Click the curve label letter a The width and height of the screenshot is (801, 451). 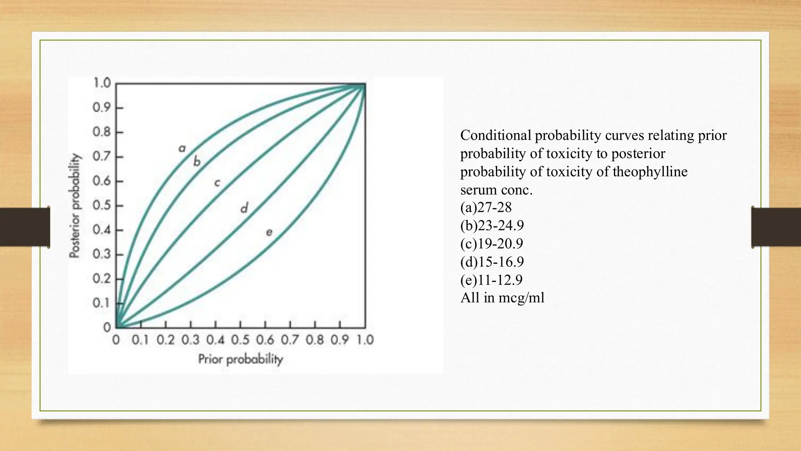click(x=182, y=149)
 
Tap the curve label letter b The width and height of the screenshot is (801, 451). click(x=197, y=161)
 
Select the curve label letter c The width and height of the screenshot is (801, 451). click(x=217, y=183)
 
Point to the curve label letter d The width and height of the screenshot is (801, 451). click(x=244, y=208)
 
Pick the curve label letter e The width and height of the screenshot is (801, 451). click(x=269, y=233)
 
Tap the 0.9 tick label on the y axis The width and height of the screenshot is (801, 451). click(x=102, y=107)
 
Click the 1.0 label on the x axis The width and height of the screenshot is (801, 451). click(x=365, y=340)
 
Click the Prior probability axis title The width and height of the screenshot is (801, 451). click(x=240, y=359)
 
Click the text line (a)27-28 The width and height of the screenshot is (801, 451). click(x=486, y=207)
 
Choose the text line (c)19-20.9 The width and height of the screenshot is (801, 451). click(x=492, y=244)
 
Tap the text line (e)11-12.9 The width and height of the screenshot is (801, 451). click(x=491, y=280)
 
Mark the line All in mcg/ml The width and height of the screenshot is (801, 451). click(x=502, y=298)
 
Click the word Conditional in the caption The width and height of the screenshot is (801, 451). click(x=496, y=135)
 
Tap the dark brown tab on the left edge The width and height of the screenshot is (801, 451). click(x=25, y=227)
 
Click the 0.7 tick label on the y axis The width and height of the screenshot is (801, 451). click(x=102, y=157)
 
